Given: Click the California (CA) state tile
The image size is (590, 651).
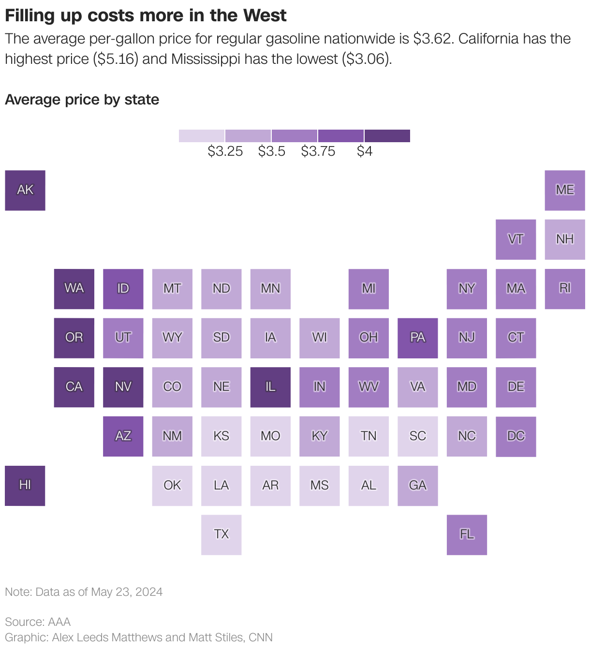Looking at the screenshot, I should coord(74,387).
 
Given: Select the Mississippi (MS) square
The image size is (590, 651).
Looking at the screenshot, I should coord(319,486).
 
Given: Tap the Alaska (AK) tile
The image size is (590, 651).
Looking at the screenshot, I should coord(25,190).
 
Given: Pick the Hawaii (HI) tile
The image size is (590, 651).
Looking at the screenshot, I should coord(25,486).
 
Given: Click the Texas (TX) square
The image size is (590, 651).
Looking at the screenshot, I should coord(221,534).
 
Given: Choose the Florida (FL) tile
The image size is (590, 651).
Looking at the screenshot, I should coord(467,534).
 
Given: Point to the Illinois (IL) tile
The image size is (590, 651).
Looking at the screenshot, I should coord(270,387).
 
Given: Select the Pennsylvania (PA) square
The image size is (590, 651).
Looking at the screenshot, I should coord(417,338).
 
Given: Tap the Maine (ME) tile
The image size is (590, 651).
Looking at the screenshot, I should coord(565,190).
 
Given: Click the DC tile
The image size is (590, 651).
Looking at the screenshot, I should coord(516,436).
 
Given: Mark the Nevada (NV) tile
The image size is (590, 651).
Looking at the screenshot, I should coord(123,387).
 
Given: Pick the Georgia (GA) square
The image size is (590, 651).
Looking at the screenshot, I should coord(417,486).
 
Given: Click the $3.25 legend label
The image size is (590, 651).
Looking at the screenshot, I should coord(225,151).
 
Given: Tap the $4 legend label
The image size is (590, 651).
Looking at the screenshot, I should coord(364,151).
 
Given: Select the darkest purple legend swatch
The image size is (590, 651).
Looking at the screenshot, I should coord(387,136).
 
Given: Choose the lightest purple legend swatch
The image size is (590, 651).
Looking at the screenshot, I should coord(202,136).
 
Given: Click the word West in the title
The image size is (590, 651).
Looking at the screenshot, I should coord(265,15).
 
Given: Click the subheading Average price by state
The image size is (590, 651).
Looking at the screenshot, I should coord(82,100).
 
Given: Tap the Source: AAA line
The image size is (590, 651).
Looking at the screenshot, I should coord(38,621).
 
